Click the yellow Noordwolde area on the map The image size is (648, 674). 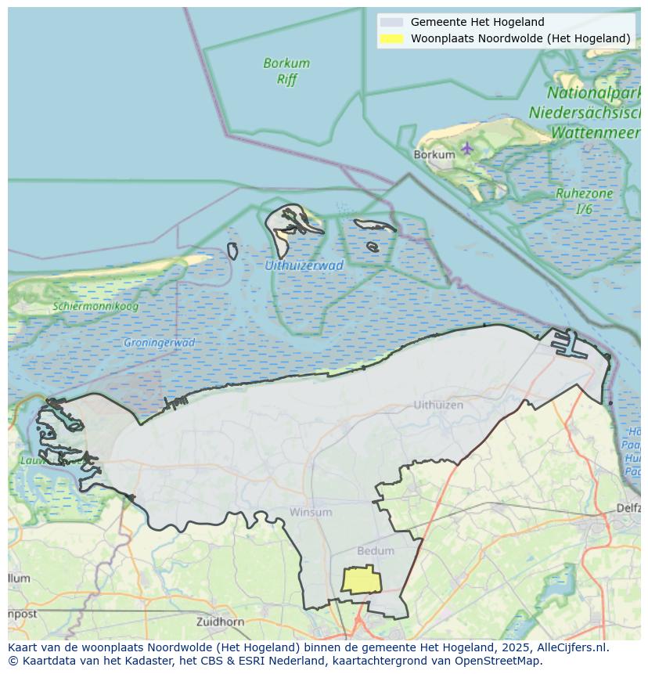point(362,580)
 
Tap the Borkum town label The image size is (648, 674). point(434,155)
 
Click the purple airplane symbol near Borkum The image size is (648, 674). point(467,148)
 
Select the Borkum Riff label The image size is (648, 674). point(286,71)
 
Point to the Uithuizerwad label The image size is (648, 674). point(304,265)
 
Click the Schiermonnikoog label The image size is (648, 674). point(95,306)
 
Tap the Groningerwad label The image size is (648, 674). point(159,343)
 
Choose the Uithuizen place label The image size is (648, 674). point(438,405)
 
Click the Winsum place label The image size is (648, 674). point(311,512)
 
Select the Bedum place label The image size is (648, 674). point(376,550)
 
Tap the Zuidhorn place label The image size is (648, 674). point(221,622)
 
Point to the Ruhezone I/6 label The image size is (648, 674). point(584,201)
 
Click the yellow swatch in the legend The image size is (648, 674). point(391,38)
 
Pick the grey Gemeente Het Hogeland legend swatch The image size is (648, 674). point(391,23)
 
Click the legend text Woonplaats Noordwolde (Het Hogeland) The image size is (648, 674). point(520,38)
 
